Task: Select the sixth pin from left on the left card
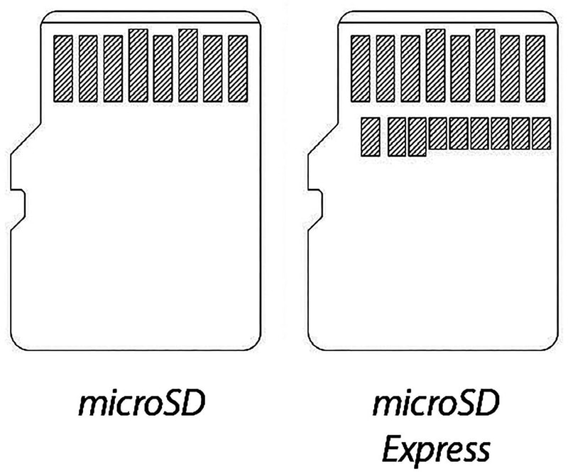188,65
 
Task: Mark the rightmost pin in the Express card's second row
542,134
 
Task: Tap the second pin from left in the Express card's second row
397,136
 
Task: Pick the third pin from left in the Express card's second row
417,136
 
